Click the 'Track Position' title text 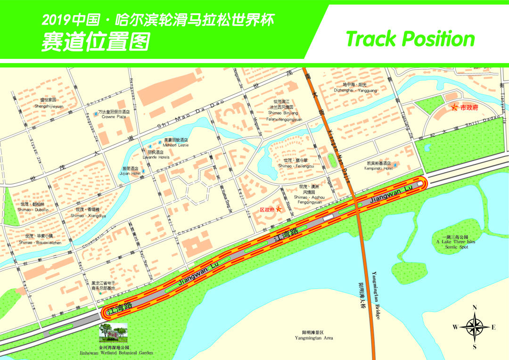(410, 39)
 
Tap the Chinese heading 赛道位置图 (96, 42)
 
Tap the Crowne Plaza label (114, 116)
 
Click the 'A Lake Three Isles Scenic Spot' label (455, 242)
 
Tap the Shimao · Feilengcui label (296, 166)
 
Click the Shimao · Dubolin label (33, 210)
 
